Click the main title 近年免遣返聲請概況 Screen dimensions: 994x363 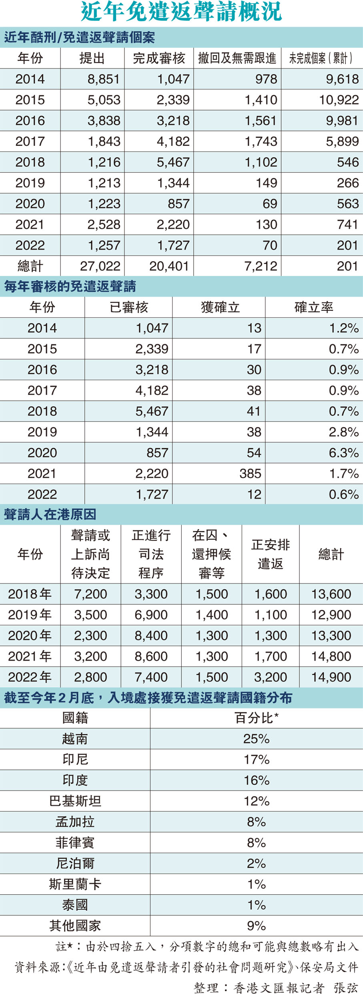point(181,12)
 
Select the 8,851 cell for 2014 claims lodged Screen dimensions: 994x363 point(104,79)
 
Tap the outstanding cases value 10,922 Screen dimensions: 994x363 point(339,100)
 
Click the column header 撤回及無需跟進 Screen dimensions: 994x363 point(237,58)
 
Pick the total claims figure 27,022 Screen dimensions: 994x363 point(100,266)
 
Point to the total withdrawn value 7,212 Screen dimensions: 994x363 point(261,266)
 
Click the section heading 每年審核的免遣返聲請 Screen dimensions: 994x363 point(70,287)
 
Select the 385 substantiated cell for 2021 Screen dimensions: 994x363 point(250,474)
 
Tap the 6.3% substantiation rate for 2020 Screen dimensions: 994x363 point(343,453)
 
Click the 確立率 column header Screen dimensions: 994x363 point(314,308)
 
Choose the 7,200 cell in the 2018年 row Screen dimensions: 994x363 point(90,594)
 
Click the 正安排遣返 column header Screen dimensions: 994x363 point(271,554)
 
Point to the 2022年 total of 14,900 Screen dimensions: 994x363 point(331,677)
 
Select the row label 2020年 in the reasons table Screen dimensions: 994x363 point(30,636)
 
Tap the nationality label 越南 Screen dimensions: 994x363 point(75,739)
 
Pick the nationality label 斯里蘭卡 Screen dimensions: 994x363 point(75,884)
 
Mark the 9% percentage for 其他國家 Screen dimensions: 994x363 point(257,926)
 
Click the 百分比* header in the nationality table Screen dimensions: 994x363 point(257,718)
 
